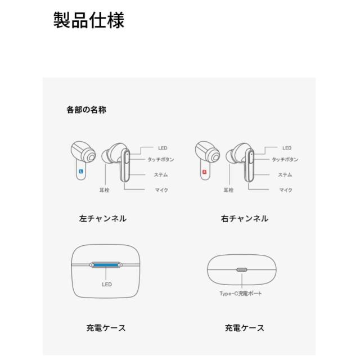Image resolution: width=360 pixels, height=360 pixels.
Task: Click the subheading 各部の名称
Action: coord(86,110)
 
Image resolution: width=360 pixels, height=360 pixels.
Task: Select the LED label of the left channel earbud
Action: coord(163,148)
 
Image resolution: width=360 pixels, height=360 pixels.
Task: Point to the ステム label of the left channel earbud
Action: coord(161,174)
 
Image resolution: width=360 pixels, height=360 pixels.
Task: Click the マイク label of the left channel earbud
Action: coord(162,190)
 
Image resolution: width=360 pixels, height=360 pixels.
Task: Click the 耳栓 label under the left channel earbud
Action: coord(105,190)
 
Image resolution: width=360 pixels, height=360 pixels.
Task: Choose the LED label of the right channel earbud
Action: coord(287,148)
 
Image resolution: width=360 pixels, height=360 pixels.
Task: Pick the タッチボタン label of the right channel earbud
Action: coord(285,159)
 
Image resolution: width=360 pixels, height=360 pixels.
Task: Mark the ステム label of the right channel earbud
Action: coord(285,174)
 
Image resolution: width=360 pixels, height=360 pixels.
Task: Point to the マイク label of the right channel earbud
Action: coord(286,190)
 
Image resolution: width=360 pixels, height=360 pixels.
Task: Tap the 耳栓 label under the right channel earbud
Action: coord(228,190)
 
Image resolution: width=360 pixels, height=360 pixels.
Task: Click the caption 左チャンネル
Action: coord(103,219)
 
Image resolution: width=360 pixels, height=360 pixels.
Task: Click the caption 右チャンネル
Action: coord(244,219)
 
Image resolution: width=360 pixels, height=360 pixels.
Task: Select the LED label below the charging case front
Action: coord(107,285)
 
